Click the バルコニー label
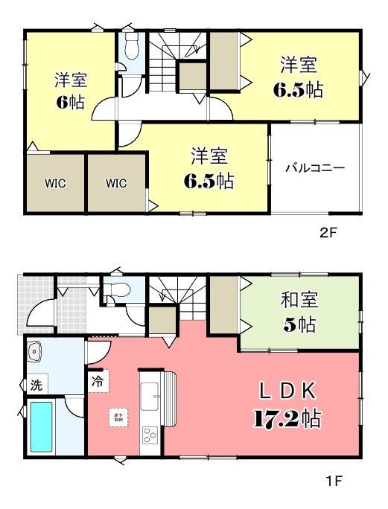314,167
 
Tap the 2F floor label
328,232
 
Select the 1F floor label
333,481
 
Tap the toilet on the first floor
116,289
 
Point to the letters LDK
289,391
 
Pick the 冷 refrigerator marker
97,380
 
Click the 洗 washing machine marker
36,385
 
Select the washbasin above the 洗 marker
36,353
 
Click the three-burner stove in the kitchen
150,436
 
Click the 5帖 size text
299,325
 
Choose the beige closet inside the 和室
222,304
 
